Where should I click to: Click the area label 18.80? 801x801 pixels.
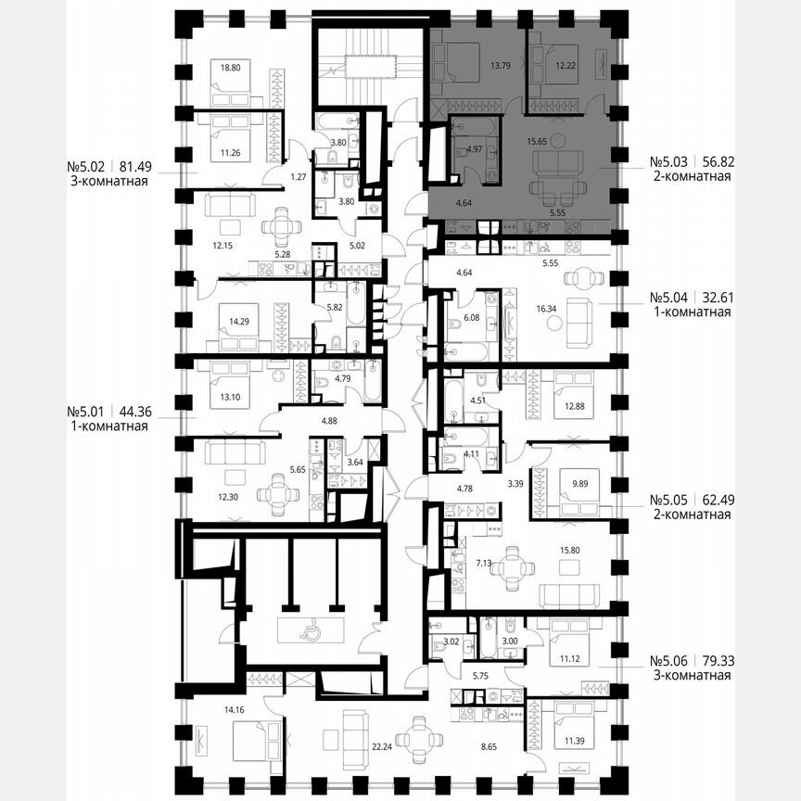230,66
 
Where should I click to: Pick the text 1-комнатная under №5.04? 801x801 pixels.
690,312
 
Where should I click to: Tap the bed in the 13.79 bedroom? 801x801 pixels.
457,62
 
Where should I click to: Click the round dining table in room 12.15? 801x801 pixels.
281,226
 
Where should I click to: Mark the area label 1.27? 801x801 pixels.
273,176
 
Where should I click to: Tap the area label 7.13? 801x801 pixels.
482,561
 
